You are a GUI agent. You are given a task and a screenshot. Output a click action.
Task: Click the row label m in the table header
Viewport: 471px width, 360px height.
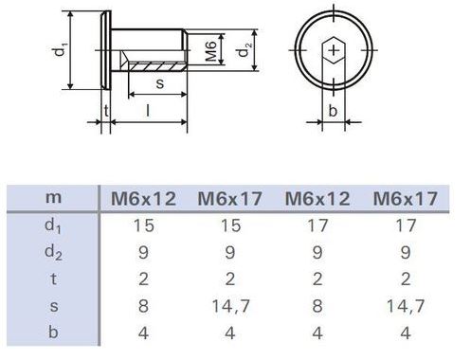[53, 198]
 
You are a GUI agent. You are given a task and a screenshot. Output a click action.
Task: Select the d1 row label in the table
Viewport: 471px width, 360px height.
[53, 226]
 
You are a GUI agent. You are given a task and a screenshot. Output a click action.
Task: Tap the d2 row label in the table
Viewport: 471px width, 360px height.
[53, 253]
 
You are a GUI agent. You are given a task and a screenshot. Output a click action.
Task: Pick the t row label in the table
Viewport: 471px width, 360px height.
[53, 279]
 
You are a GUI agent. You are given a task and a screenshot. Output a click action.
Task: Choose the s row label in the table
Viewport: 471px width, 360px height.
[54, 306]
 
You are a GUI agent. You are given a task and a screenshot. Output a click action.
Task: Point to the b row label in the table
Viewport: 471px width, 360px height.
[53, 333]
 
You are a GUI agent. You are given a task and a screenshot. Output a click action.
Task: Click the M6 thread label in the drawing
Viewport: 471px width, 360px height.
[211, 51]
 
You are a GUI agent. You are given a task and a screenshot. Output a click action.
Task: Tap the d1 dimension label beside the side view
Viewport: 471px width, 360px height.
[60, 50]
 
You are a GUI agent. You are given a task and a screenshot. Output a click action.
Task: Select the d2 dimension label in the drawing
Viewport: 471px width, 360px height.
[245, 50]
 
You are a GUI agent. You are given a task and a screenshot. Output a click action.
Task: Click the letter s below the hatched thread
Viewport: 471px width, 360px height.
[160, 83]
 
